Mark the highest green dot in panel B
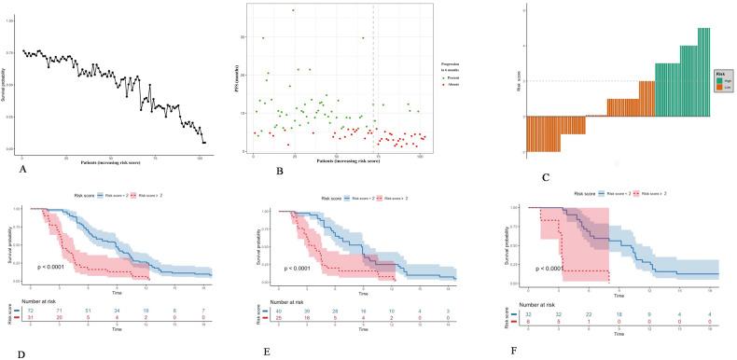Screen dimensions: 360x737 click(x=293, y=10)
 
